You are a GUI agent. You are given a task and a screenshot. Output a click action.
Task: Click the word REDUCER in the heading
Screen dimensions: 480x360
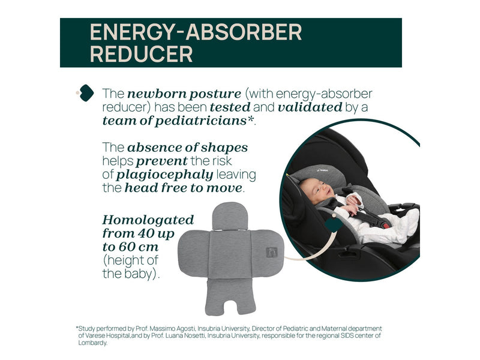click(x=141, y=54)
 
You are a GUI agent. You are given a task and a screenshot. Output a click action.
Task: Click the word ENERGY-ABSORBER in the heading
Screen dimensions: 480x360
click(x=196, y=32)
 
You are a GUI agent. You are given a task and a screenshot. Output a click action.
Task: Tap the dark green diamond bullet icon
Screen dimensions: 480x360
click(x=86, y=93)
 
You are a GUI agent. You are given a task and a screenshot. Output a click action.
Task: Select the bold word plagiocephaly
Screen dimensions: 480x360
click(x=164, y=175)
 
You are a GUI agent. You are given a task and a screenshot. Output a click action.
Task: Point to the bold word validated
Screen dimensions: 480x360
click(x=310, y=107)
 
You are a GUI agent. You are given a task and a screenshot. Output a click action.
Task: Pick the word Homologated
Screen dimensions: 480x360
click(x=148, y=220)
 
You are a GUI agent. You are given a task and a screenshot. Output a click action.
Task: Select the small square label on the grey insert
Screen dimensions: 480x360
click(x=272, y=253)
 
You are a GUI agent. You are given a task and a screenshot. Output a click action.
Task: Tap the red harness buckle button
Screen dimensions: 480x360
click(x=386, y=227)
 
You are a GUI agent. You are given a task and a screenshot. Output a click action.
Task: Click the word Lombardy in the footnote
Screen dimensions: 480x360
click(x=93, y=343)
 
